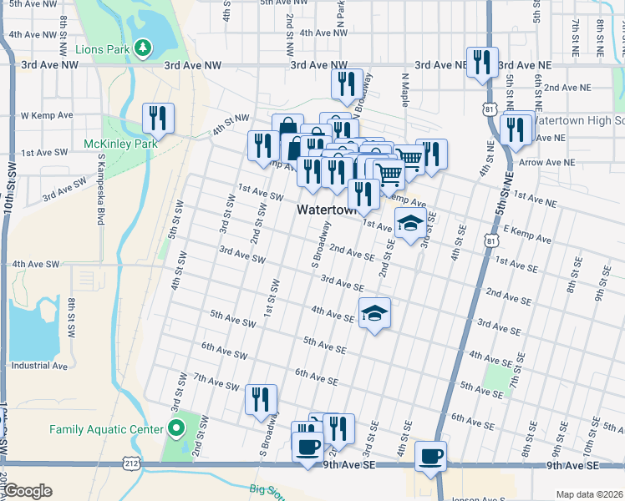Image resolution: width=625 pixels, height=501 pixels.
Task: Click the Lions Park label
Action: [102, 49]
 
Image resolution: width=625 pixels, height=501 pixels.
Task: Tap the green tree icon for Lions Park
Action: [145, 48]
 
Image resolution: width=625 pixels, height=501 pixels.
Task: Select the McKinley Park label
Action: [121, 144]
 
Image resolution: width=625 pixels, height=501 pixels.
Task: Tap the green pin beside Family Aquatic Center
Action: [175, 429]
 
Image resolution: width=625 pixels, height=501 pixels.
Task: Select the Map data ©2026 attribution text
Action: [589, 494]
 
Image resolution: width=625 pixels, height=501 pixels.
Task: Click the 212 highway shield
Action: [132, 461]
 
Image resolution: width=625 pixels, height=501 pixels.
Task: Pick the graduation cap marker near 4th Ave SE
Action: [374, 314]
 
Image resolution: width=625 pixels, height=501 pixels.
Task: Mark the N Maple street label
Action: [404, 91]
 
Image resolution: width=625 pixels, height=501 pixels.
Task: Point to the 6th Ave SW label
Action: [224, 353]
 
